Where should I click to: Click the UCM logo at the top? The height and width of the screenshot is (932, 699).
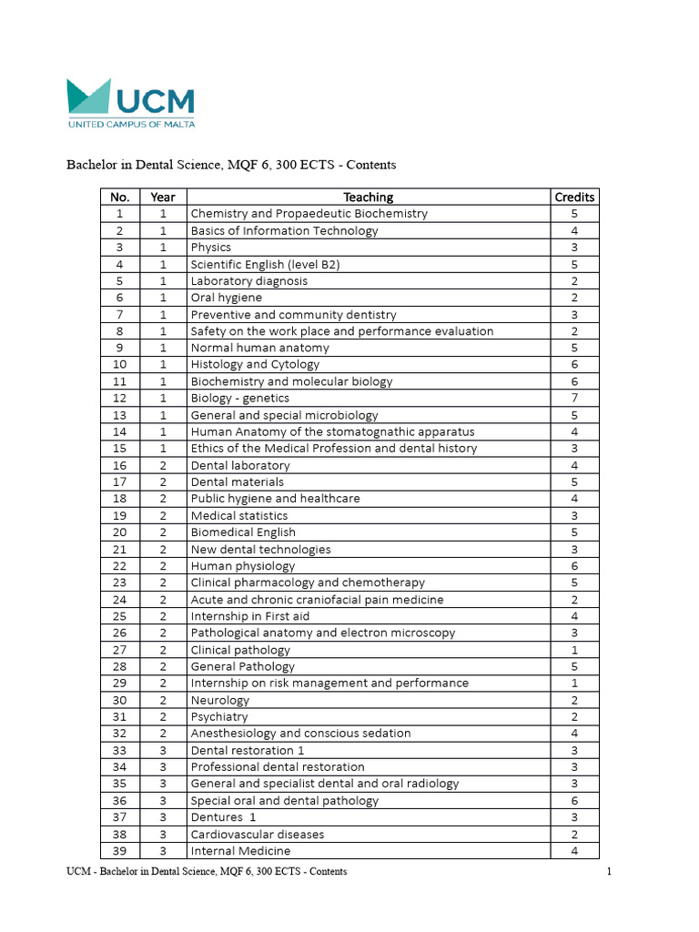(129, 103)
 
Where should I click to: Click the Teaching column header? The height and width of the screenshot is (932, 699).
(368, 197)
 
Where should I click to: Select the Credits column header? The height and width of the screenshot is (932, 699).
(574, 197)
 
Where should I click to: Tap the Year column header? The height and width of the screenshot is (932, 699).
(162, 197)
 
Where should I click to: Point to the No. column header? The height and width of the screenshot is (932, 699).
(119, 197)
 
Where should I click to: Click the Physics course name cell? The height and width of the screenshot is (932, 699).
(211, 248)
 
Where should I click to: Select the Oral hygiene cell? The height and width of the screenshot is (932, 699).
(226, 298)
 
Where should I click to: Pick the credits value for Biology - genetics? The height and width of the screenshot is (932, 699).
(574, 398)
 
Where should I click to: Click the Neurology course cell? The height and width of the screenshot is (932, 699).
(219, 700)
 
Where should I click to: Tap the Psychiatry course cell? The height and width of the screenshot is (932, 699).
(219, 716)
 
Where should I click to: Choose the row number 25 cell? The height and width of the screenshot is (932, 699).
(119, 616)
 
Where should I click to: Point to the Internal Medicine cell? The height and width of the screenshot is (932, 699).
(240, 851)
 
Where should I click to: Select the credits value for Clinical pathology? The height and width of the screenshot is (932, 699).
(574, 650)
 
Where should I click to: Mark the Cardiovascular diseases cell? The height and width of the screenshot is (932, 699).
(257, 834)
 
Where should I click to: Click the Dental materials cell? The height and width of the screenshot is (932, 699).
(237, 481)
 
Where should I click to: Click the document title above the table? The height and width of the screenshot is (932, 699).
(231, 165)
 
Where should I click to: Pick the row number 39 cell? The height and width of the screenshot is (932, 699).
(119, 851)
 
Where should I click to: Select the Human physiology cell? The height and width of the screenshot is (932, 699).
(242, 565)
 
